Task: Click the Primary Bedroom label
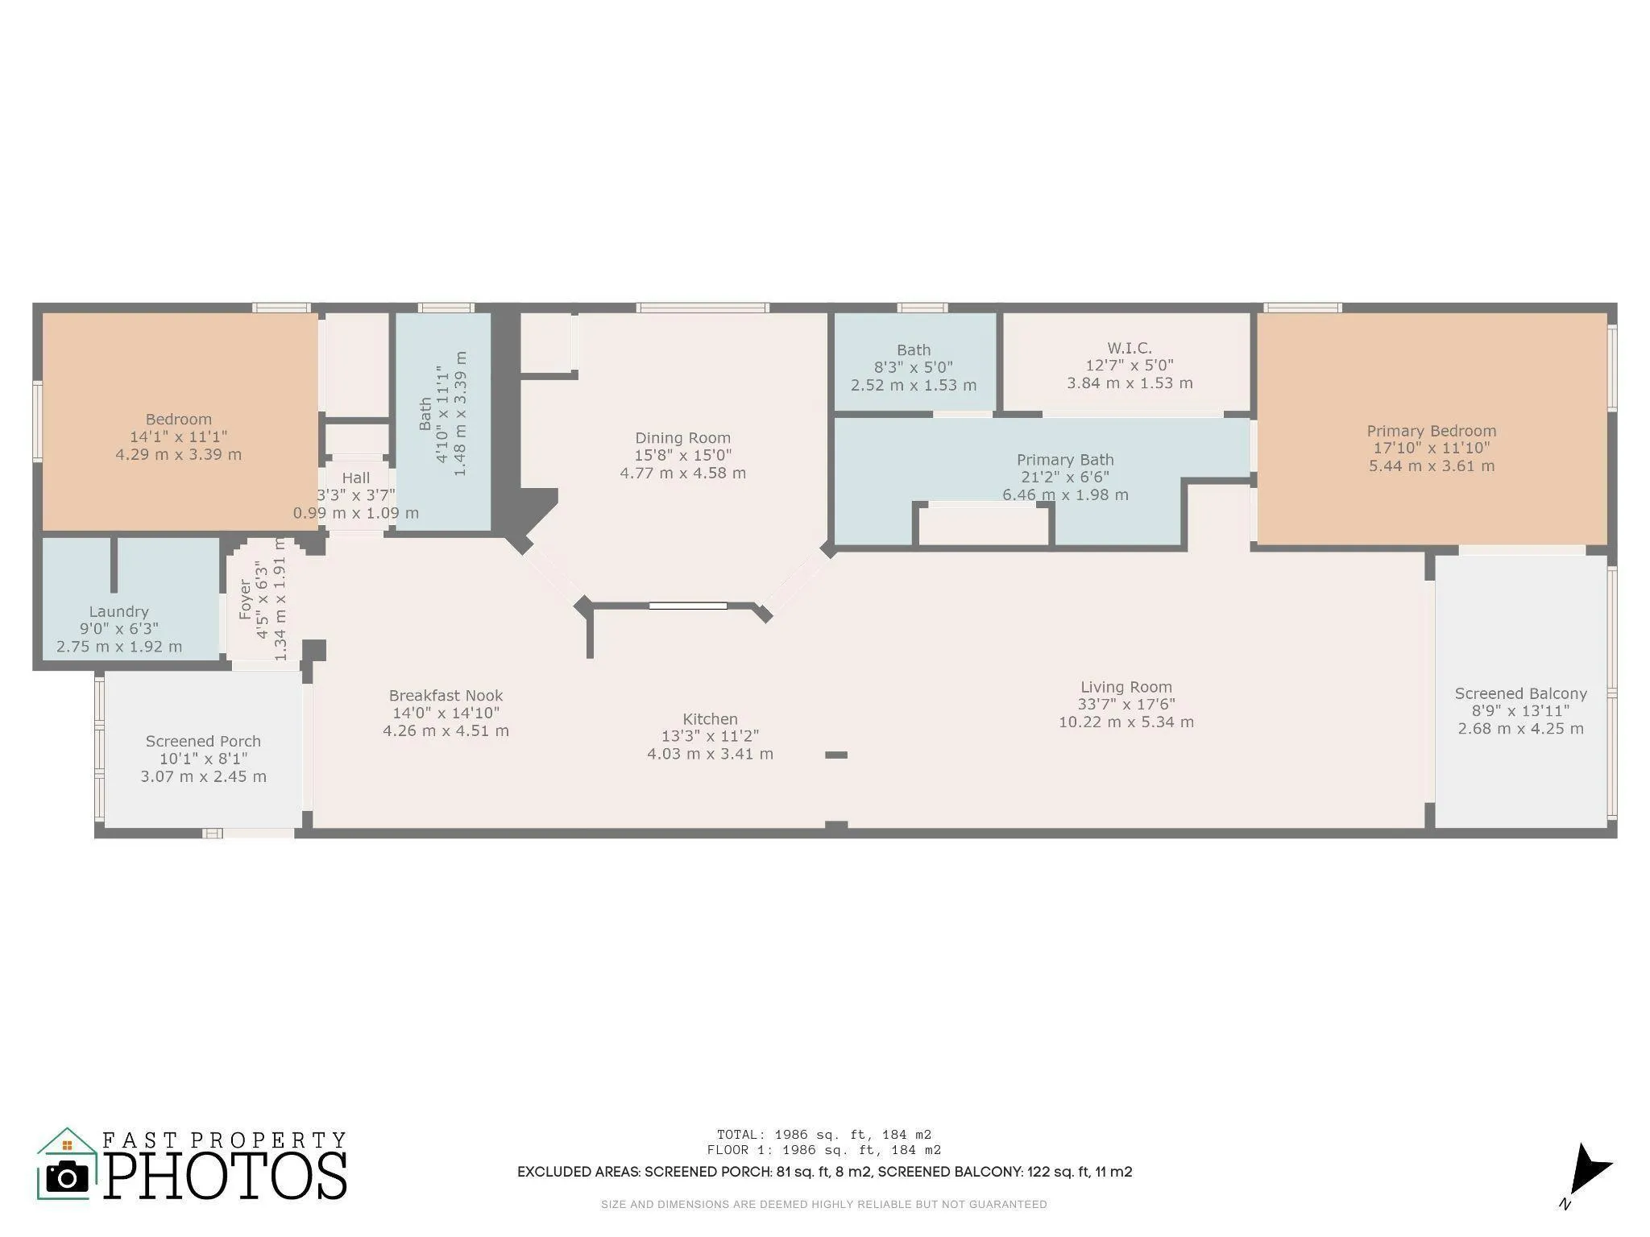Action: coord(1431,431)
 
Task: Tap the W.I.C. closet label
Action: coord(1129,348)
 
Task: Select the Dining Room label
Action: coord(682,438)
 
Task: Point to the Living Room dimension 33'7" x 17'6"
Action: coord(1126,705)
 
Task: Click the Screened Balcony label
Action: coord(1520,693)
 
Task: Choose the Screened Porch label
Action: coord(203,741)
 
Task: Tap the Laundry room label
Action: coord(118,611)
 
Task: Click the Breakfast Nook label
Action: coord(446,695)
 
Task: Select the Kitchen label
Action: coord(710,719)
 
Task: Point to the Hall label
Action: coord(355,478)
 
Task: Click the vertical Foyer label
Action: coord(245,599)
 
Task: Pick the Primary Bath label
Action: coord(1065,460)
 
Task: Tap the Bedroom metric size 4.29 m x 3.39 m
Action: coord(178,454)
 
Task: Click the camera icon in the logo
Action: coord(67,1177)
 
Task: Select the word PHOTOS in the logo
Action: coord(226,1175)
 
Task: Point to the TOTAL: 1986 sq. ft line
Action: coord(824,1135)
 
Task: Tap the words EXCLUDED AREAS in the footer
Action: coord(578,1172)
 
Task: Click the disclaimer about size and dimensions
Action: coord(823,1205)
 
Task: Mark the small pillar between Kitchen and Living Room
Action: coord(836,755)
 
